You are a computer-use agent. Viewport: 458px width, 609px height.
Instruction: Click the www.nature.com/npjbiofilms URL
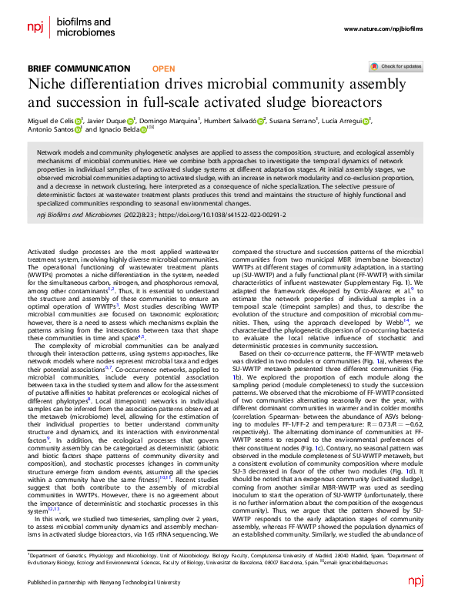point(383,29)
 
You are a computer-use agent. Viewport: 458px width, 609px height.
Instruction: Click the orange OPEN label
point(163,69)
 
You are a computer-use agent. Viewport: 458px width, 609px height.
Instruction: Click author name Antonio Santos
point(52,130)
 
